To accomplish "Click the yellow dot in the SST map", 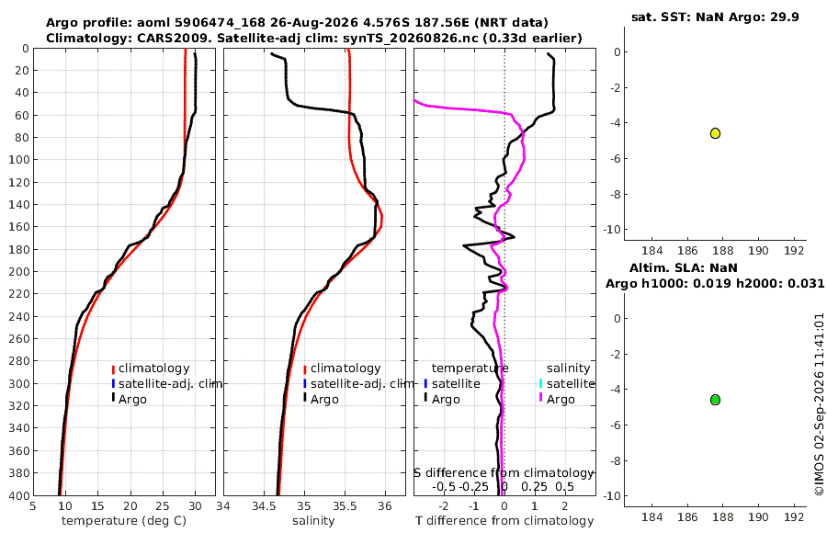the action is [x=715, y=133].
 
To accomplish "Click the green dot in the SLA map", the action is [x=715, y=400].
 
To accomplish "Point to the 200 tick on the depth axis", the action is [x=18, y=271].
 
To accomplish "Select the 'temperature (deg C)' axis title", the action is [x=124, y=521].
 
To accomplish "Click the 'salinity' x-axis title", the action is [x=313, y=521].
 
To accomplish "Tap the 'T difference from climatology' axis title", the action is [x=504, y=521].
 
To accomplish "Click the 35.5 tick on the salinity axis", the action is [x=345, y=505].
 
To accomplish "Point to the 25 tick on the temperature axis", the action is [x=163, y=505].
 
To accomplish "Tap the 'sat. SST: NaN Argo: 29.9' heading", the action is [x=715, y=17].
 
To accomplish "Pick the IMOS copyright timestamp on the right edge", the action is [x=819, y=404].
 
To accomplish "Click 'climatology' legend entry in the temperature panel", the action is [x=153, y=369].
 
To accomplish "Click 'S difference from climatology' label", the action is [x=504, y=473].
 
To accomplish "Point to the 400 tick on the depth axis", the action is [x=18, y=495].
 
